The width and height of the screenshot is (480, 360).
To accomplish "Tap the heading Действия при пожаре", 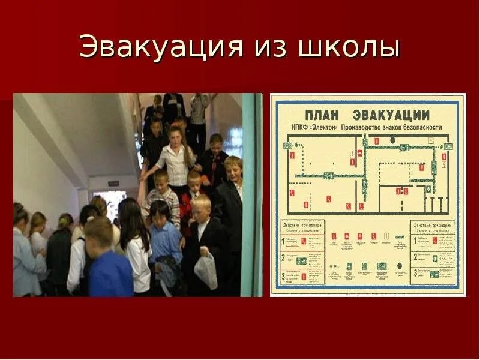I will tap(302, 223).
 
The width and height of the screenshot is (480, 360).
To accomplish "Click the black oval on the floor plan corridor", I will tap(392, 140).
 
